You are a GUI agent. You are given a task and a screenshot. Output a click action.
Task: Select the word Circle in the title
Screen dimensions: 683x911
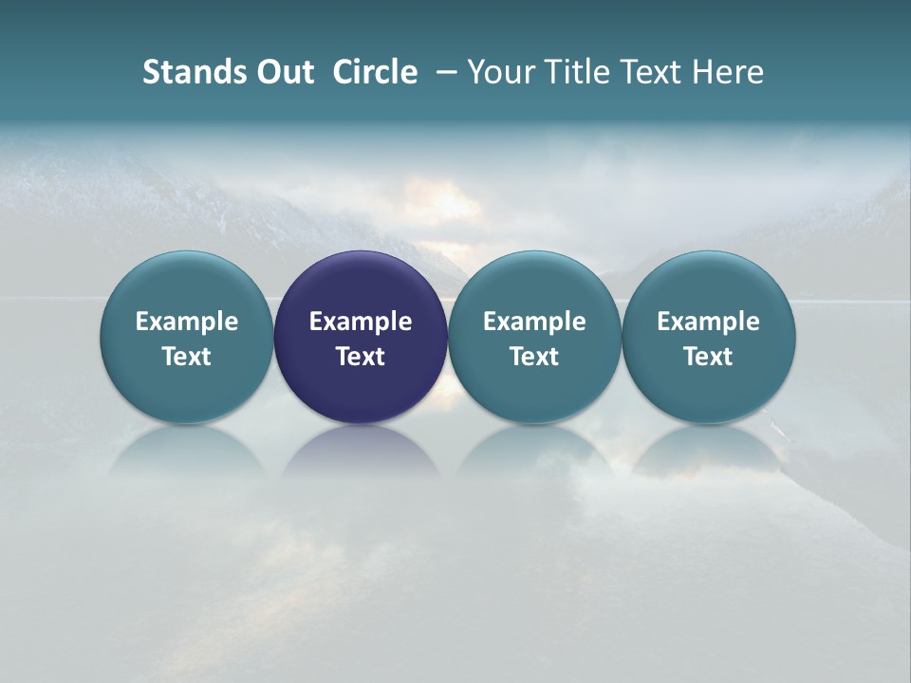coord(375,72)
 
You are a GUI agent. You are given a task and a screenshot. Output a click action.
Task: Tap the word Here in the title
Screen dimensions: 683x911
coord(730,72)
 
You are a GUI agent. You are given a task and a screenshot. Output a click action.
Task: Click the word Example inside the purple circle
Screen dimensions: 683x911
coord(361,322)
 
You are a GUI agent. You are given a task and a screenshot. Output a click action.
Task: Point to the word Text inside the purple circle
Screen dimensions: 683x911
coord(361,357)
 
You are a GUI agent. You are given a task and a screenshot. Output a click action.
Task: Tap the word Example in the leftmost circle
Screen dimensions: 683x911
coord(187,322)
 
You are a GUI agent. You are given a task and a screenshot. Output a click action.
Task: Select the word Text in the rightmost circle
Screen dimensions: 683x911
coord(709,357)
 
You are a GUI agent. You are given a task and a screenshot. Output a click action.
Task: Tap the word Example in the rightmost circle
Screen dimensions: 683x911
coord(709,322)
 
